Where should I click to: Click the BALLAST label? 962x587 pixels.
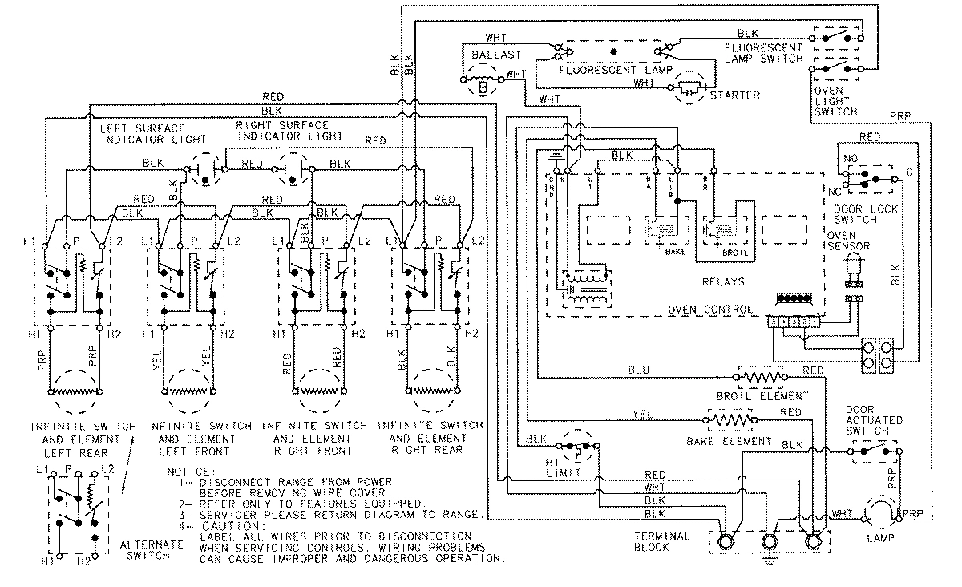(496, 55)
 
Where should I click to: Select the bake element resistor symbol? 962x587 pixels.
(730, 419)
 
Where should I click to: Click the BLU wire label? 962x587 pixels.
(638, 370)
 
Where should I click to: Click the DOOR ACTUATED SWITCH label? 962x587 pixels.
(873, 420)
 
